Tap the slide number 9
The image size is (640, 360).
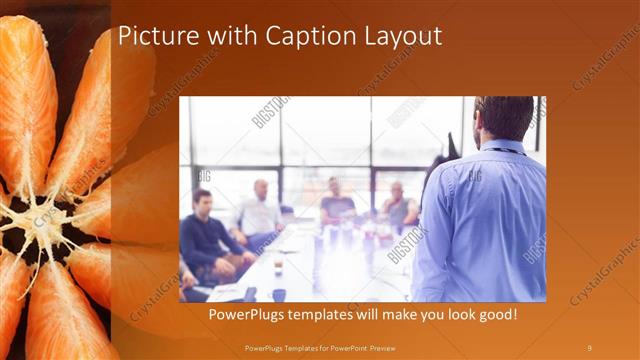click(590, 347)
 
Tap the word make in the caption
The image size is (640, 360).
click(398, 315)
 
